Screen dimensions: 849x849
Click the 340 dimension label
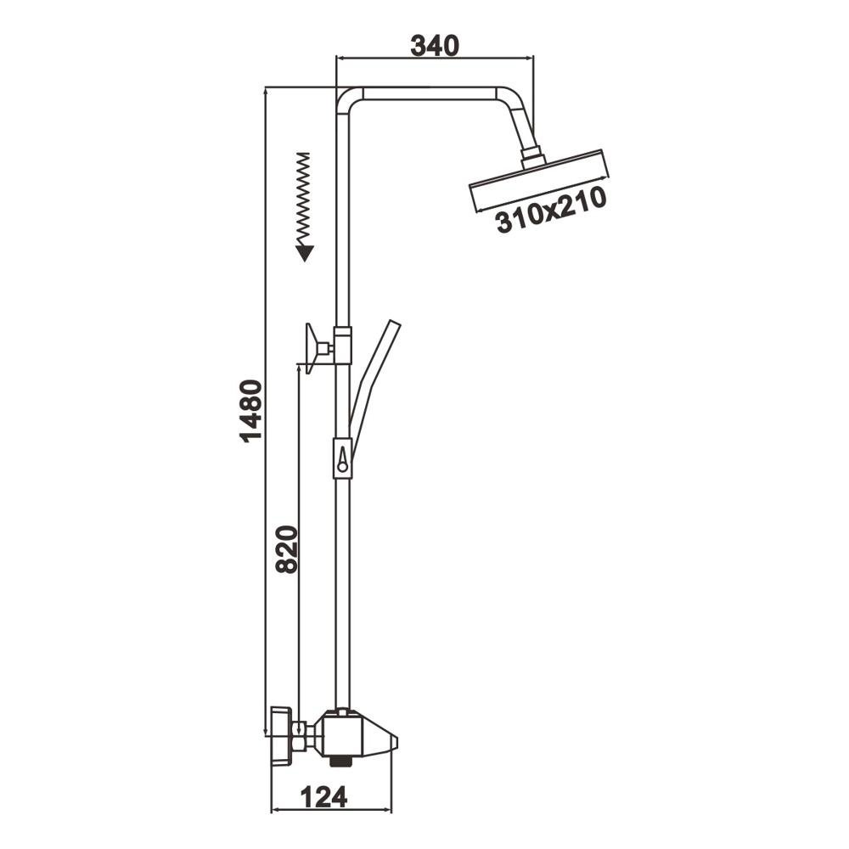pos(434,46)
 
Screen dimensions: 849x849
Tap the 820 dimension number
pos(287,549)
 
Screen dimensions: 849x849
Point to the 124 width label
pos(323,796)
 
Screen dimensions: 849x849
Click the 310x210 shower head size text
pos(551,210)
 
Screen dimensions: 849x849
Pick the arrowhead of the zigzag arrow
pos(305,253)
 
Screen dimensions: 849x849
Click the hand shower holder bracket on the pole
pos(343,458)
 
